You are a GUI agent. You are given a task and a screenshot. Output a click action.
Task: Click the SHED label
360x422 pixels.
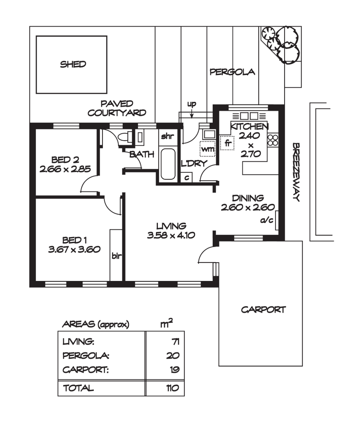(73, 64)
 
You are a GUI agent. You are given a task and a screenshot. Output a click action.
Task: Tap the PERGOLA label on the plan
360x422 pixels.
(232, 72)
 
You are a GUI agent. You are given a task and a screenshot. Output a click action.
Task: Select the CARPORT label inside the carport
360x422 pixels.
(263, 310)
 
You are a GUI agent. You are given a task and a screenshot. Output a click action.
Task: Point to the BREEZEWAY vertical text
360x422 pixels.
(296, 172)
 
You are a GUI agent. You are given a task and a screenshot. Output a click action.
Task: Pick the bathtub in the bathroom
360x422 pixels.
(168, 164)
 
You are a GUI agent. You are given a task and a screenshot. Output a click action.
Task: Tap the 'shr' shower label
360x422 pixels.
(167, 136)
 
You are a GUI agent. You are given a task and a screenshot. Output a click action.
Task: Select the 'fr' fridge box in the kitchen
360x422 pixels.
(226, 142)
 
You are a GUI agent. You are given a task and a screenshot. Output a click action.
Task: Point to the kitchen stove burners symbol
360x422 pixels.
(272, 140)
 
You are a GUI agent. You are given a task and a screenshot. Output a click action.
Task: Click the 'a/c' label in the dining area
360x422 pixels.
(267, 221)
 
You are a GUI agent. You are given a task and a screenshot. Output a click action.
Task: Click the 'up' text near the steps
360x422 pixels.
(191, 104)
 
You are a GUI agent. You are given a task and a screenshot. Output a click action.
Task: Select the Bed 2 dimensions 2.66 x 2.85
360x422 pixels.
(65, 169)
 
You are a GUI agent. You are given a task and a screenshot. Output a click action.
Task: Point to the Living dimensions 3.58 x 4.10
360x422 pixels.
(170, 235)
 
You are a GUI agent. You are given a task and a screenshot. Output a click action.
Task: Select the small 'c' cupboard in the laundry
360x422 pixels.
(187, 177)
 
